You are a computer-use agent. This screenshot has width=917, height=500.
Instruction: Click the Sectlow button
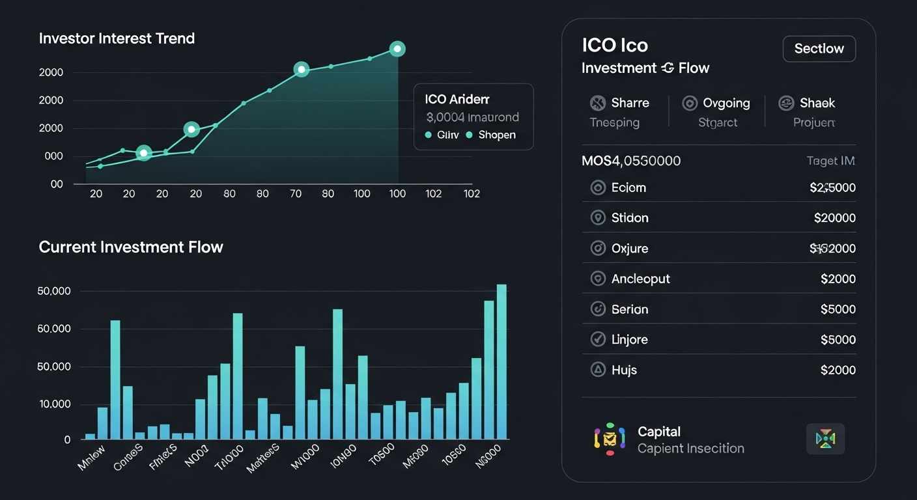point(819,49)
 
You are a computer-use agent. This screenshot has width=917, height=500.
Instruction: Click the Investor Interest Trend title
point(117,38)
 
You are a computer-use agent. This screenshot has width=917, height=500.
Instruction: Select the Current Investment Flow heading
point(131,247)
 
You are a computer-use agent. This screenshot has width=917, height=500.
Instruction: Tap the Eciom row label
point(628,188)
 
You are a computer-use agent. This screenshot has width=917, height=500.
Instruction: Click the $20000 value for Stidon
point(834,218)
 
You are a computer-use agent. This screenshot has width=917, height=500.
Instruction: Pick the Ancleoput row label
point(640,279)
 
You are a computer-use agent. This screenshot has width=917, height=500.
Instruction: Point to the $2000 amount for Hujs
point(838,370)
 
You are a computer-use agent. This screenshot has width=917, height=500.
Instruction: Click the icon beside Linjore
point(598,339)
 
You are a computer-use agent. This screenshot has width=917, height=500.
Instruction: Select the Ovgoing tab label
point(726,103)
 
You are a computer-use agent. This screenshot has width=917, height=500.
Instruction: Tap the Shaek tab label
point(817,103)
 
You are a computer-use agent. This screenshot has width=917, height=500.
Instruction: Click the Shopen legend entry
point(496,135)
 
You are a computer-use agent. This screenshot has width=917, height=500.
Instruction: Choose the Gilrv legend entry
point(447,135)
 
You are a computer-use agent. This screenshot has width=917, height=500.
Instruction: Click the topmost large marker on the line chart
point(397,49)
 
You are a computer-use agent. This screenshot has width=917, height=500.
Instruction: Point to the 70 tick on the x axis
point(295,193)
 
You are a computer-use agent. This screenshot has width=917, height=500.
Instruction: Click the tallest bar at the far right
point(501,361)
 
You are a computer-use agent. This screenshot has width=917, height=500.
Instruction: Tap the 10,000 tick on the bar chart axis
point(55,404)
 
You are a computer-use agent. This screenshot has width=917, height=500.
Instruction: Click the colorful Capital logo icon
point(610,439)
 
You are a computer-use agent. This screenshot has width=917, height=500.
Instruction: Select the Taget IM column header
point(830,161)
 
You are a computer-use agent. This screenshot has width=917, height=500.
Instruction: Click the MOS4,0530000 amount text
point(631,161)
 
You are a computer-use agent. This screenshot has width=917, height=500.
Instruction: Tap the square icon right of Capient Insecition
point(825,439)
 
